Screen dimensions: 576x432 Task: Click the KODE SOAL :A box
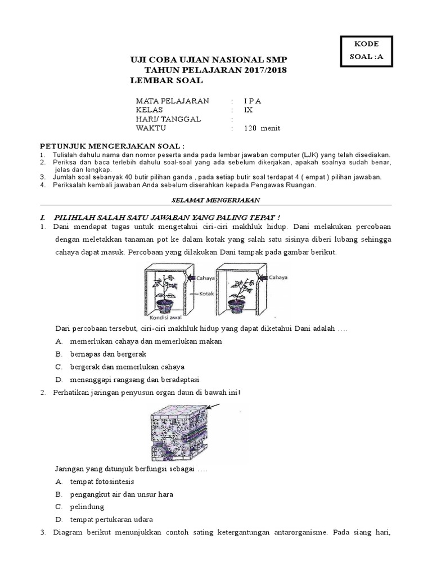coord(367,51)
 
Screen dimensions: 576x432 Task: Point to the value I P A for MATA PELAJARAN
coord(253,101)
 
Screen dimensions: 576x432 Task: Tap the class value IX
coord(249,110)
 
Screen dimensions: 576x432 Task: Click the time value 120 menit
coord(262,128)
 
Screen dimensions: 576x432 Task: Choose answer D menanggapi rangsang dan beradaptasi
coord(135,379)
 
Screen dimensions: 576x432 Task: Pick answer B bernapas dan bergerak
coord(108,354)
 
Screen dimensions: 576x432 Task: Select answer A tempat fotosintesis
coord(102,482)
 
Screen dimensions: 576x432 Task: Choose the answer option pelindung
coord(87,507)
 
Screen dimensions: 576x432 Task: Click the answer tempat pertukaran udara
coord(111,519)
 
